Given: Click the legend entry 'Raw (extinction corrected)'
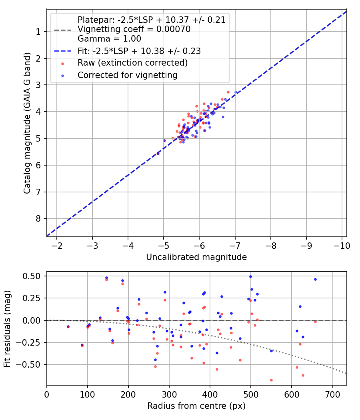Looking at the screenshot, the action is coord(132,63).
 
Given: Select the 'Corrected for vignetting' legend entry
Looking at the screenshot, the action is coord(128,75).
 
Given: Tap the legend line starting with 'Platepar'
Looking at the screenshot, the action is coord(152,20).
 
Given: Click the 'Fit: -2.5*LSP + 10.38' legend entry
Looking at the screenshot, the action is coord(139,51).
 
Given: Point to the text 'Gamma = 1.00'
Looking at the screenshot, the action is coord(109,39).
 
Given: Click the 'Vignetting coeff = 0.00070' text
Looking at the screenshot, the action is coord(134,29).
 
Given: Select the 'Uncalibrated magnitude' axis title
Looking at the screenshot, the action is coord(196,257).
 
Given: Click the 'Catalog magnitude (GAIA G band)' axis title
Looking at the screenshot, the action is coord(27,123).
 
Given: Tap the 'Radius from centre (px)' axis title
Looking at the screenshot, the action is coord(196,406).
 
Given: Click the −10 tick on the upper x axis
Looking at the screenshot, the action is coord(342,246).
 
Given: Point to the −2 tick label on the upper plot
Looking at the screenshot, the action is coord(56,246).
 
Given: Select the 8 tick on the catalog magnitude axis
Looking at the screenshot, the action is coord(38,218).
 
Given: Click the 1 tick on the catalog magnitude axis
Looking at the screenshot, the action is coord(38,32).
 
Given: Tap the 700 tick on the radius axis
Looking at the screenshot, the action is coord(332,394).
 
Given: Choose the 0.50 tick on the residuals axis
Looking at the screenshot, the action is coord(31,276).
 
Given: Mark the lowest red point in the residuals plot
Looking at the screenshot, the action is coord(271,380).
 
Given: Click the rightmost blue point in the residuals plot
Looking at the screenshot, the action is coord(315,279).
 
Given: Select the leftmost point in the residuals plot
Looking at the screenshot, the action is coord(68,327).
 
